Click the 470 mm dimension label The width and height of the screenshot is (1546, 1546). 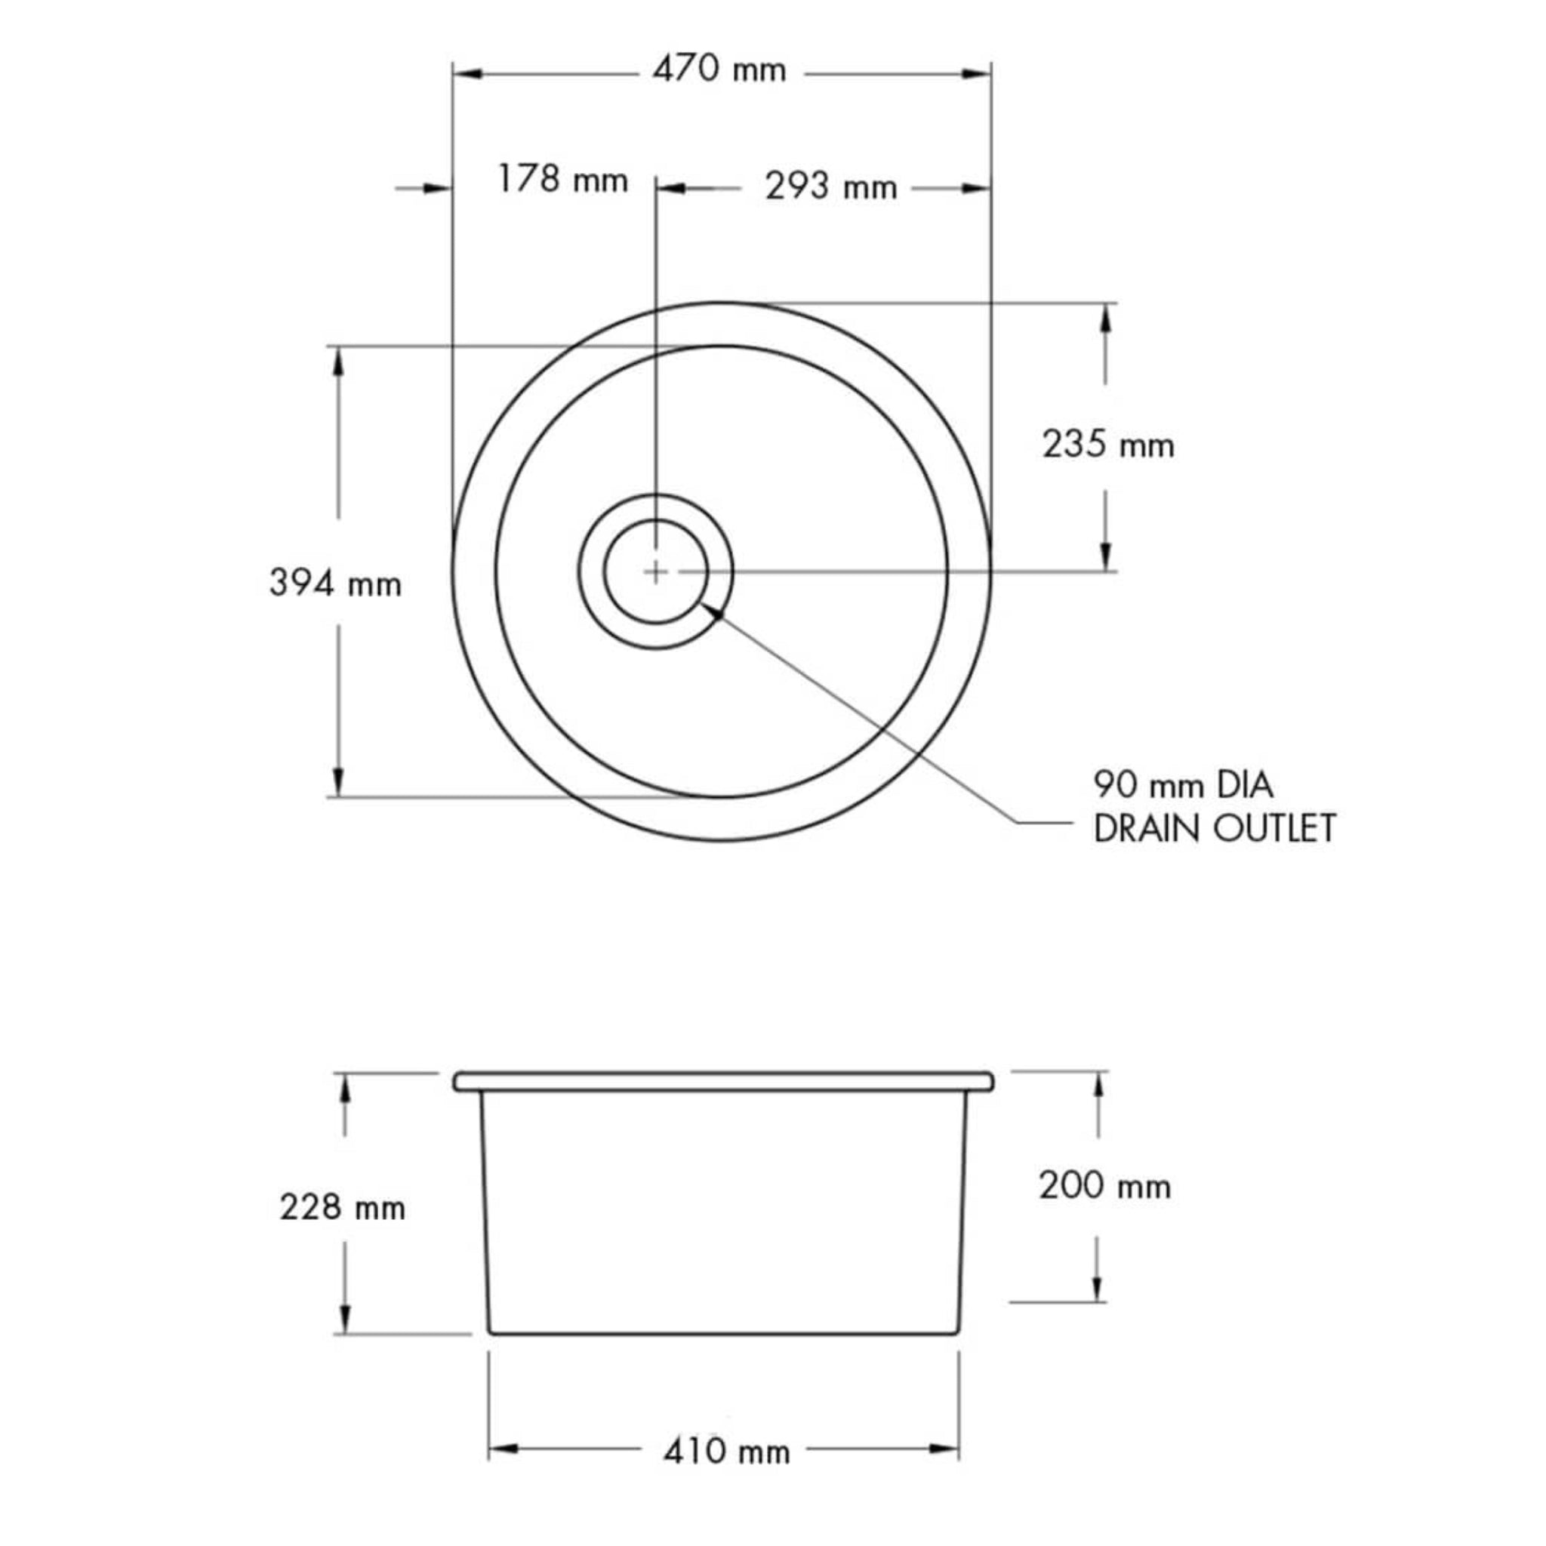click(719, 70)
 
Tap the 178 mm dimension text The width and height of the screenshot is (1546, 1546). click(562, 180)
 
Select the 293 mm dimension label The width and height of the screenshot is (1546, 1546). click(830, 188)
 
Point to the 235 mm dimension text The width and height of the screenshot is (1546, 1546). click(1107, 445)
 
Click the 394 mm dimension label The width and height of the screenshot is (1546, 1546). click(335, 584)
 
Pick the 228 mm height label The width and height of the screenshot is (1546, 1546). click(343, 1207)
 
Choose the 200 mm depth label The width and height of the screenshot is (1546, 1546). click(1104, 1185)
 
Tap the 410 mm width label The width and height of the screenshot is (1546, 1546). click(725, 1451)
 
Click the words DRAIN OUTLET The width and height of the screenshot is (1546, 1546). click(1214, 828)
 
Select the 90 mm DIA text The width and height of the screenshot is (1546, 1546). click(1183, 785)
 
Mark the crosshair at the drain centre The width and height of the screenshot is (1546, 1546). click(655, 571)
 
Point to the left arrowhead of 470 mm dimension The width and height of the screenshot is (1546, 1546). click(468, 74)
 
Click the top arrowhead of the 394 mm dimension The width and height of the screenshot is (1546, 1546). click(337, 362)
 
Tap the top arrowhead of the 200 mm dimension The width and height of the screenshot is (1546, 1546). click(1098, 1088)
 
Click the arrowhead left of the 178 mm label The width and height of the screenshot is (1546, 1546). click(436, 188)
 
